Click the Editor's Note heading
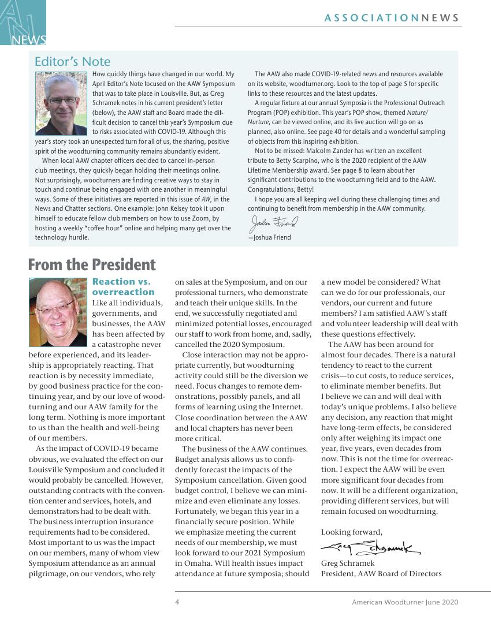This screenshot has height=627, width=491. pos(72,62)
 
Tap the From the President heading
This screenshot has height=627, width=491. pos(92,265)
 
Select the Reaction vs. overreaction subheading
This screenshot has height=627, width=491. pos(124,287)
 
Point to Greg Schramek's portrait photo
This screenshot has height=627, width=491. pos(58,312)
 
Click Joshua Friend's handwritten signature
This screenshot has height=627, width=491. pos(274,222)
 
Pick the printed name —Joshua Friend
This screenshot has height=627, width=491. pos(270,237)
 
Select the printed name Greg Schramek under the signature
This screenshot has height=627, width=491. pos(348,563)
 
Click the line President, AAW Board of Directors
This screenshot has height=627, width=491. pos(381,573)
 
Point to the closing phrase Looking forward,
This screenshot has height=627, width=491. pos(351,532)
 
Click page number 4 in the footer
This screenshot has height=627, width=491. pos(177,602)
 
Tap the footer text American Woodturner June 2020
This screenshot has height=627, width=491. pos(405,602)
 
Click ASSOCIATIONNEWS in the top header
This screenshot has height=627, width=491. pos(392,18)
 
